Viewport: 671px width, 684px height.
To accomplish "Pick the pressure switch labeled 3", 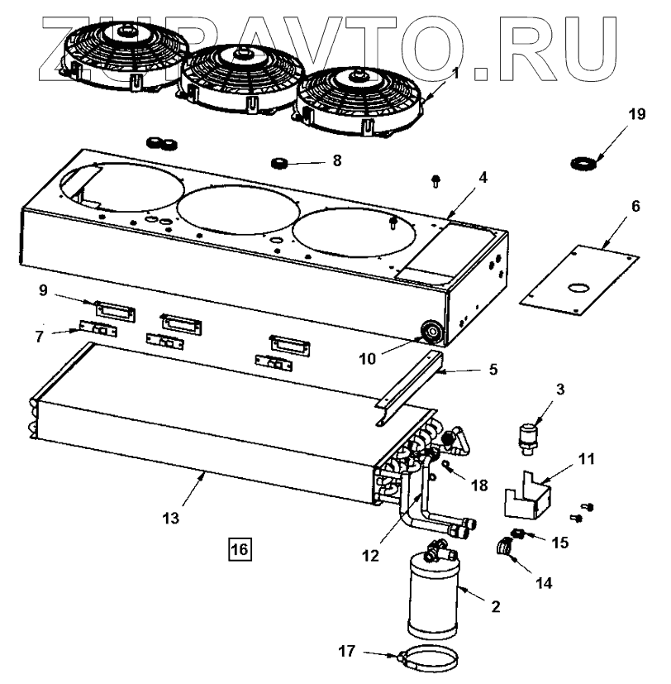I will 526,435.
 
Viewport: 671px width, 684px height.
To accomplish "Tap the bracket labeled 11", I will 528,496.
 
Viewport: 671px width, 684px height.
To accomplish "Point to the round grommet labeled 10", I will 431,332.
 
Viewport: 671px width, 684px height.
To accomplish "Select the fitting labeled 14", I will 506,547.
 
